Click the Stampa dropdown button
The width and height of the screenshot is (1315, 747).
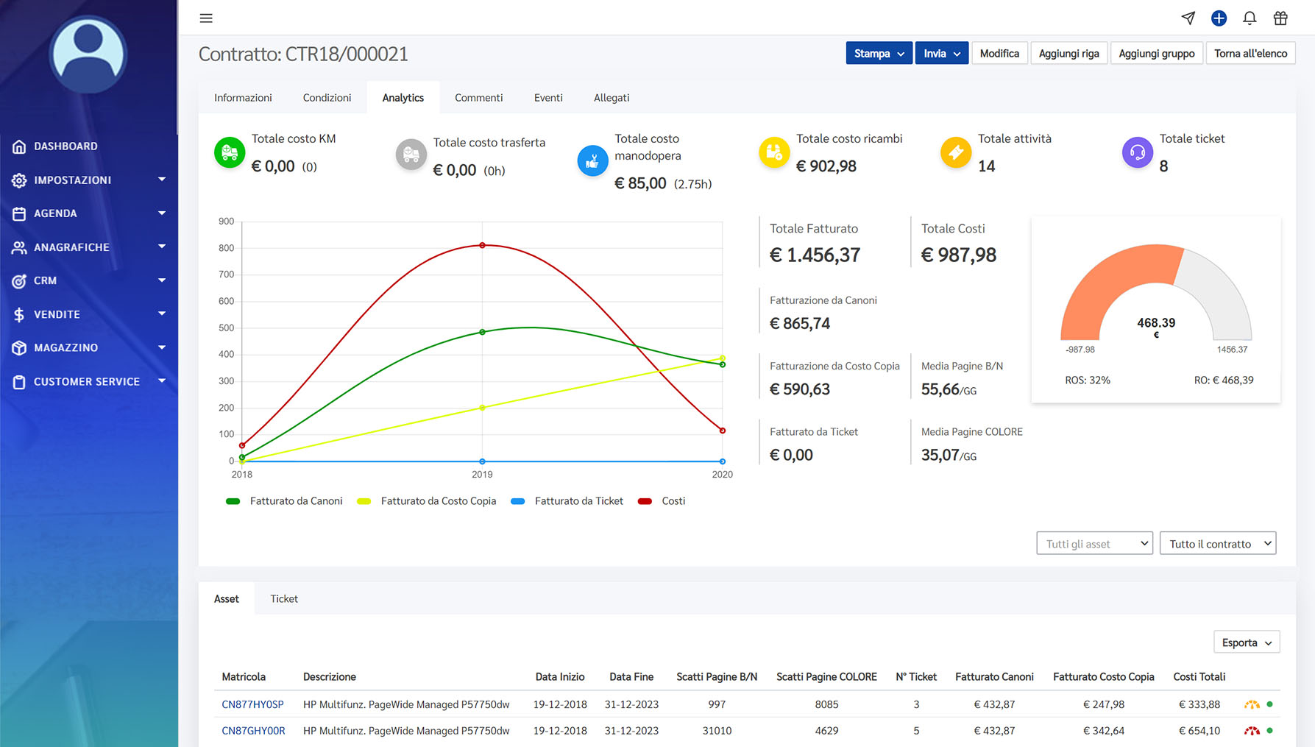[x=879, y=54]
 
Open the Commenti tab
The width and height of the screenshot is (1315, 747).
[x=478, y=98]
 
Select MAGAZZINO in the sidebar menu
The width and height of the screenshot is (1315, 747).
[x=65, y=347]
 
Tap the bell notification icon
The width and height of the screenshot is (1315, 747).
[x=1250, y=18]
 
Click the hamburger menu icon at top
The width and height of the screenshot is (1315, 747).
[x=206, y=18]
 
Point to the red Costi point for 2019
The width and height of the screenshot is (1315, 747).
[x=482, y=245]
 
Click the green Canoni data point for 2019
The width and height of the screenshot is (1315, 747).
[x=482, y=332]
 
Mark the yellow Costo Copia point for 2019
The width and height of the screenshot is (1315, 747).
[x=482, y=408]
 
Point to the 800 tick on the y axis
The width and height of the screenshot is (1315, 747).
[x=226, y=248]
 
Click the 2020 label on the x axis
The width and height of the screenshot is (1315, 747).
[x=722, y=475]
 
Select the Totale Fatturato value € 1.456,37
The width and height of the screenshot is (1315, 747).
[x=815, y=255]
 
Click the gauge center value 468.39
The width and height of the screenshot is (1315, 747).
[x=1156, y=322]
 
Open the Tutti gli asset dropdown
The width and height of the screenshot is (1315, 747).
[x=1094, y=544]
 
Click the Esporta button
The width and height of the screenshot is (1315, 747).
[x=1247, y=642]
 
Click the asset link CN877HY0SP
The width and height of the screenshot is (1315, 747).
[x=252, y=704]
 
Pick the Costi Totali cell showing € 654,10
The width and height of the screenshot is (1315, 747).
[x=1199, y=731]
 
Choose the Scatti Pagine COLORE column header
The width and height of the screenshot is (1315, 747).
[x=826, y=677]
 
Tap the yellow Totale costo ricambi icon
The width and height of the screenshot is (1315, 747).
[x=774, y=152]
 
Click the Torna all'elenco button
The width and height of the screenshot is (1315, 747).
[x=1250, y=54]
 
